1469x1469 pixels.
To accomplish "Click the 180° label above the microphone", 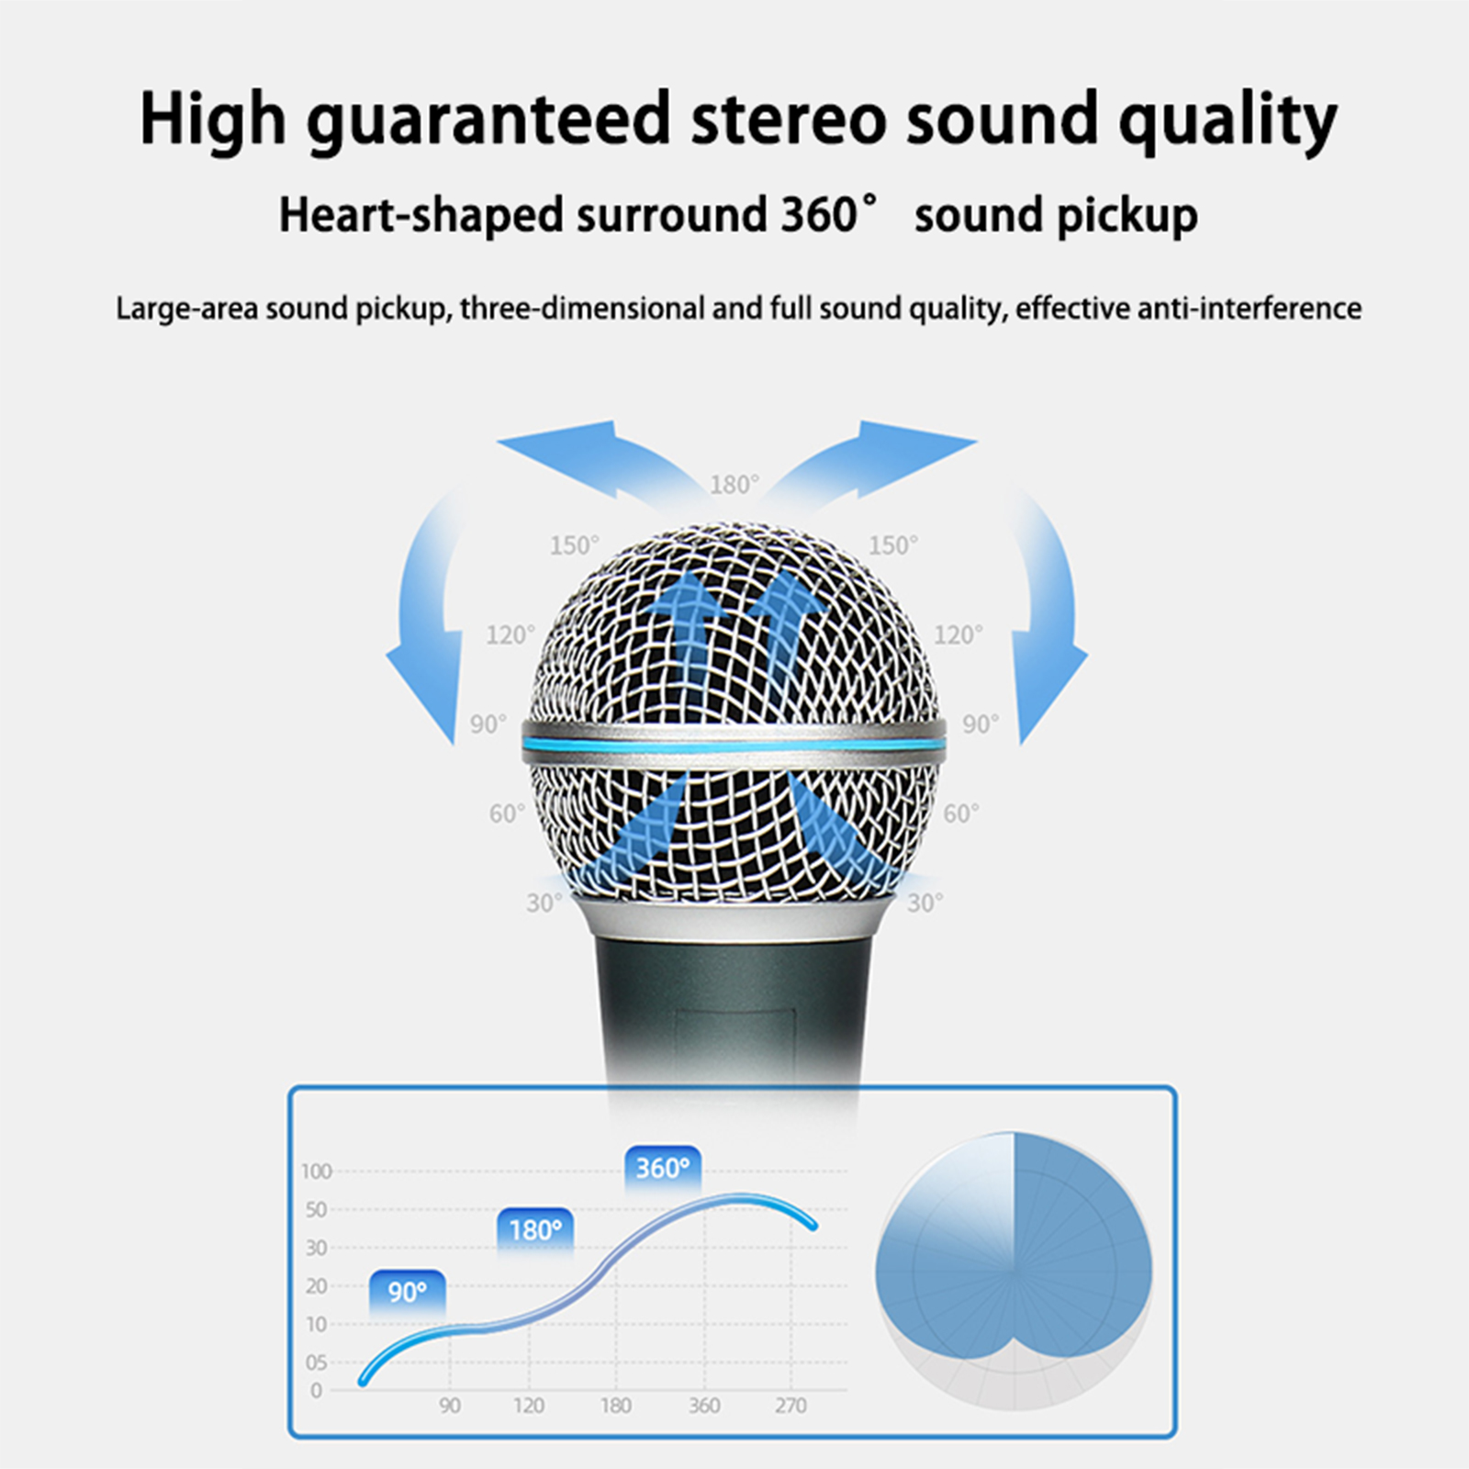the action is coord(734,485).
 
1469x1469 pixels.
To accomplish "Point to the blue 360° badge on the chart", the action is coord(662,1168).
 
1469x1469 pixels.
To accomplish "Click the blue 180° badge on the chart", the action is coord(535,1230).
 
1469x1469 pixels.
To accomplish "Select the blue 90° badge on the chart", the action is coord(407,1293).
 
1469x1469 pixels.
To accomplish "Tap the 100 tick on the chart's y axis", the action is coord(316,1172).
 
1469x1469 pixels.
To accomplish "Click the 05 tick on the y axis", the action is coord(316,1363).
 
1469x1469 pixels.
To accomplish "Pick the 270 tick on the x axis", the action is coord(790,1406).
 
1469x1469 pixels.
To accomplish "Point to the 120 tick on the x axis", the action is coord(529,1406).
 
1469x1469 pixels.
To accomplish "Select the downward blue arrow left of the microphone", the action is coord(426,624).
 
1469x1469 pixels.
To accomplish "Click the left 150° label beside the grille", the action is coord(574,545).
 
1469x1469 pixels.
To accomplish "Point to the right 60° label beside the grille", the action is coord(961,813).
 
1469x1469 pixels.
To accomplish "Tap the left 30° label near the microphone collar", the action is coord(544,903).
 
